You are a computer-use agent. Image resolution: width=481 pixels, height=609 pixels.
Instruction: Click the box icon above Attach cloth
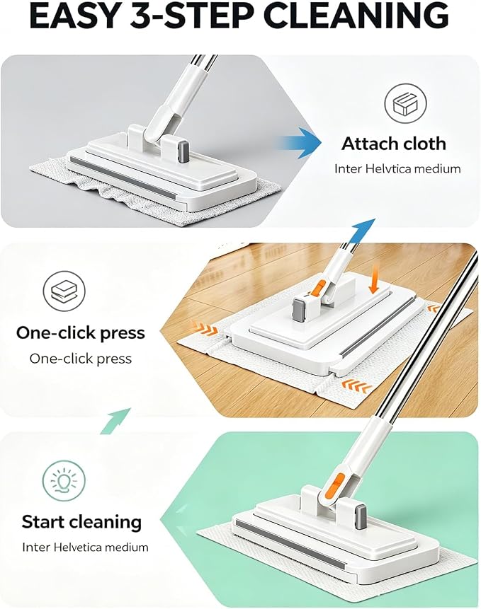(406, 104)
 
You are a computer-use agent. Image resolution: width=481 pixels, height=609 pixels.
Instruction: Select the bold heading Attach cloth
(394, 144)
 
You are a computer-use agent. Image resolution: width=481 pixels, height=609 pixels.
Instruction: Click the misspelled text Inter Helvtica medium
(397, 169)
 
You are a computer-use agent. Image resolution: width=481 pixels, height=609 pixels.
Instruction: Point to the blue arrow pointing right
(299, 142)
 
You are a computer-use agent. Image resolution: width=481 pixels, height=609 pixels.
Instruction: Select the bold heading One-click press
(81, 333)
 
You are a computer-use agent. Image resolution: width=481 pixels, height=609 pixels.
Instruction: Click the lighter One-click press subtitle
(81, 359)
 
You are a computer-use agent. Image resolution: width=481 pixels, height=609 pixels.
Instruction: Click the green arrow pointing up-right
(115, 421)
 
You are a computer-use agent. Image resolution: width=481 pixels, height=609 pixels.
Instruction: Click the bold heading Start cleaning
(81, 522)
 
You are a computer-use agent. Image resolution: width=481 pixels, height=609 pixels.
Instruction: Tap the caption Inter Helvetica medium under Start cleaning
(85, 547)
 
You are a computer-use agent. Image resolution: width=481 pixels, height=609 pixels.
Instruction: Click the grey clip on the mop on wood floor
(300, 310)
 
